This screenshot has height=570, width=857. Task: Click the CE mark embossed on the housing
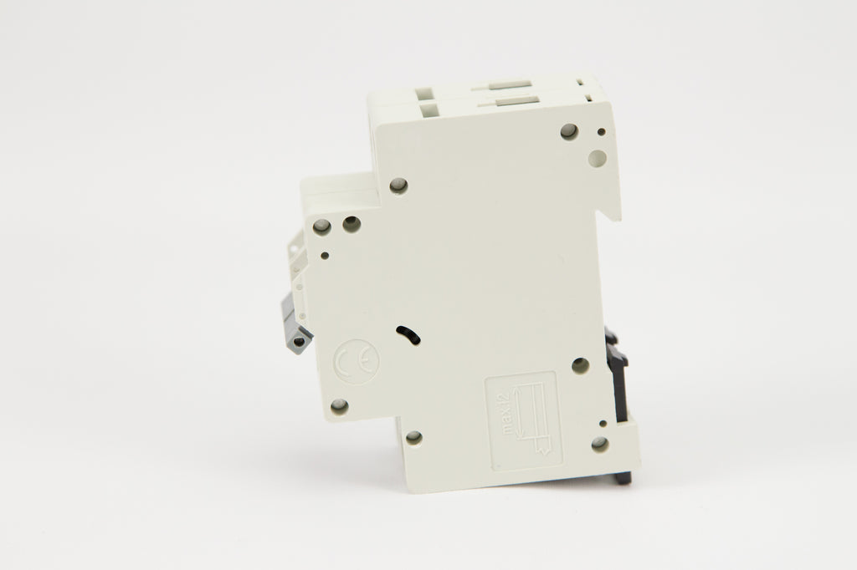coord(356,362)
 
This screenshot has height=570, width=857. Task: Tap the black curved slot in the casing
coord(408,334)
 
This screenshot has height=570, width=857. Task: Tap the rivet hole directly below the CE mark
coord(339,405)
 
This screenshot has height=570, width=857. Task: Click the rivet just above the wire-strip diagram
coord(581,366)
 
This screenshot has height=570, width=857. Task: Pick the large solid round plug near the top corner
coord(597,159)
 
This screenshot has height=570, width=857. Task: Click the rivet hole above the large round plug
coord(569,131)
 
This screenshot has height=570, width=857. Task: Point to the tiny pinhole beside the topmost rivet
coord(601,131)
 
